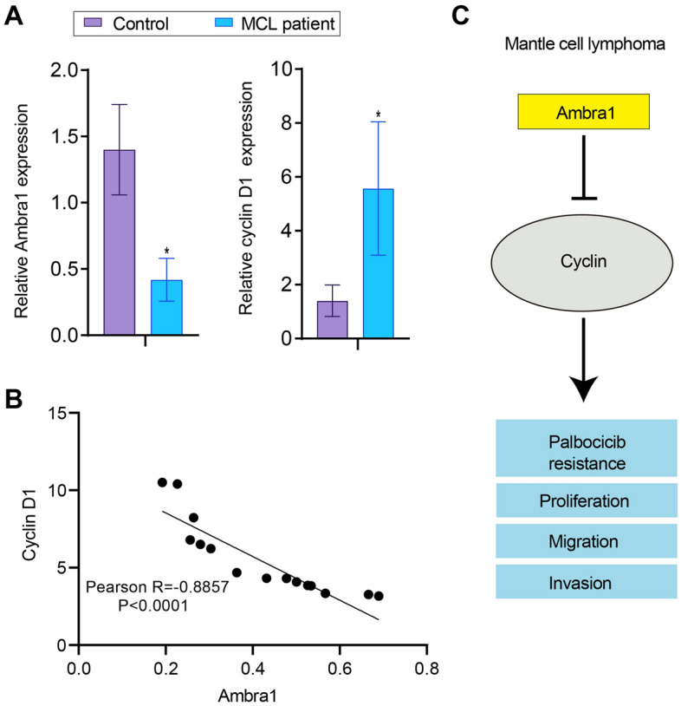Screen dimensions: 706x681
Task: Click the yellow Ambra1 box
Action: (x=585, y=114)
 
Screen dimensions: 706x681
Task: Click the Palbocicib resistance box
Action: (x=586, y=448)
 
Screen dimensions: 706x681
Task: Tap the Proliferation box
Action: (x=586, y=501)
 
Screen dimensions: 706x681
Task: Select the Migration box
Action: (x=586, y=541)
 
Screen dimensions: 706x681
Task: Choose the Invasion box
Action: (x=586, y=581)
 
